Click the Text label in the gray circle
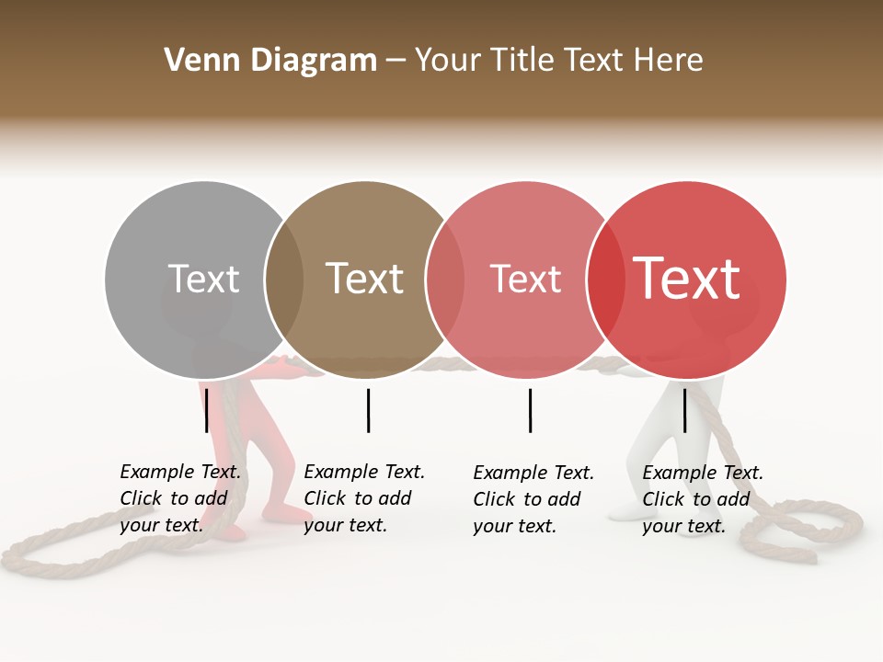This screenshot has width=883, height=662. coord(203,279)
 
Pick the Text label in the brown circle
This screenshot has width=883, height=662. coord(365,279)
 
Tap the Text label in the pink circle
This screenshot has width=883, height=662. coord(525,279)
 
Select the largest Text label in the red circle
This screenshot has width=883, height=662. coord(687,279)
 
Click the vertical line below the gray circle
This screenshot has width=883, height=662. coord(207,410)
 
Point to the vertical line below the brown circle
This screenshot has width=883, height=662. coord(368,410)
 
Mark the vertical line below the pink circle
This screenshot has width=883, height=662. coord(530,410)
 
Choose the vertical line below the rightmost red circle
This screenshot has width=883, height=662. coord(684,410)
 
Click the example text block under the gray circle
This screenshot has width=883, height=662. coord(180,498)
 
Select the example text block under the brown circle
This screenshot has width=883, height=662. coord(363,498)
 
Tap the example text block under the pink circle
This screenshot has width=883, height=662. coord(533,499)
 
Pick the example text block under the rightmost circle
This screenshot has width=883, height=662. coord(702,499)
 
